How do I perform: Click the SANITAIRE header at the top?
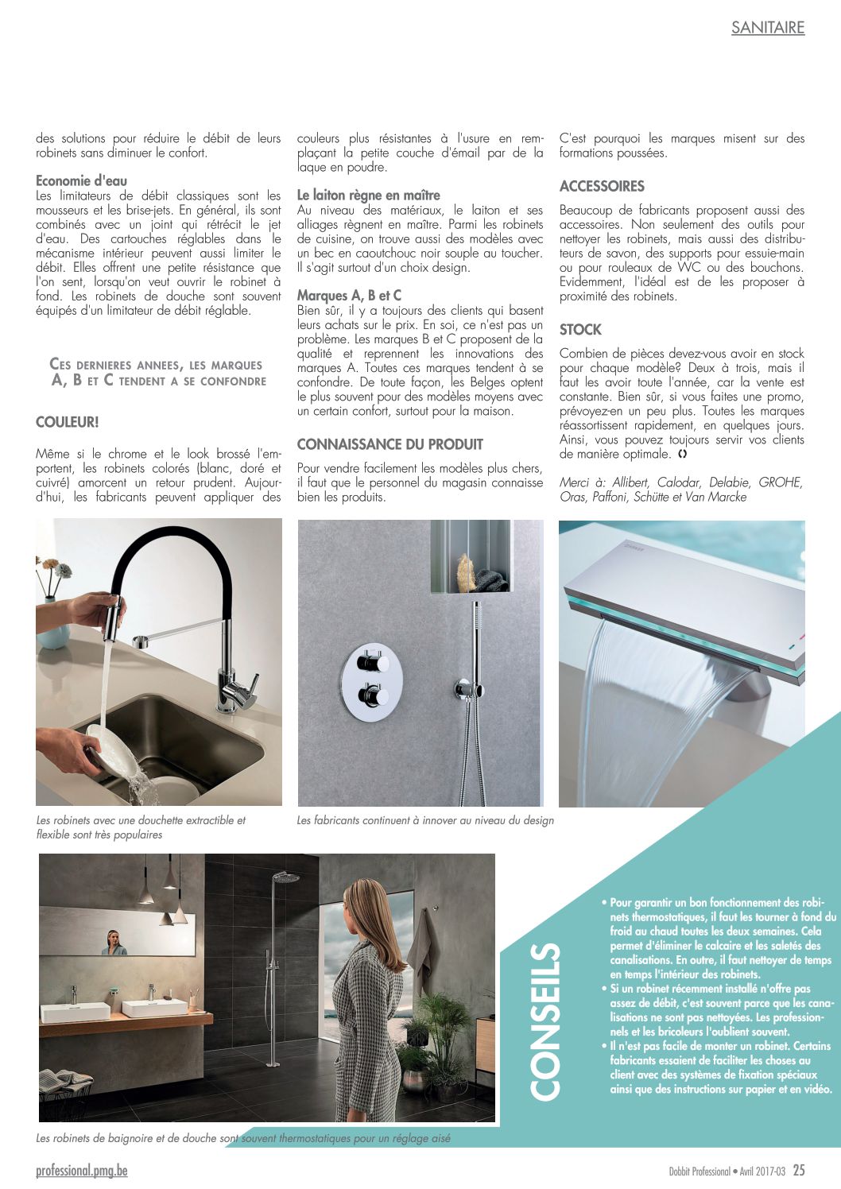tap(767, 28)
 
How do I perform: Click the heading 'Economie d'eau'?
tap(81, 180)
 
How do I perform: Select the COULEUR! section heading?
tap(68, 422)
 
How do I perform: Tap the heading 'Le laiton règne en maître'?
tap(368, 195)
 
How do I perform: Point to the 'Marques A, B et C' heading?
tap(349, 295)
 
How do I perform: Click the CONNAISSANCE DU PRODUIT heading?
tap(389, 444)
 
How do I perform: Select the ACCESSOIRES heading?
tap(602, 186)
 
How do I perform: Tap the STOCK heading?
tap(580, 329)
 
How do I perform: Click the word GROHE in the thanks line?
tap(780, 482)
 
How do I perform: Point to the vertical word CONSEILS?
tap(545, 1021)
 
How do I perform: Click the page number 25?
tap(799, 1170)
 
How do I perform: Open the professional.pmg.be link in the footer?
tap(81, 1170)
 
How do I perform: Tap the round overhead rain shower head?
tap(285, 877)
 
